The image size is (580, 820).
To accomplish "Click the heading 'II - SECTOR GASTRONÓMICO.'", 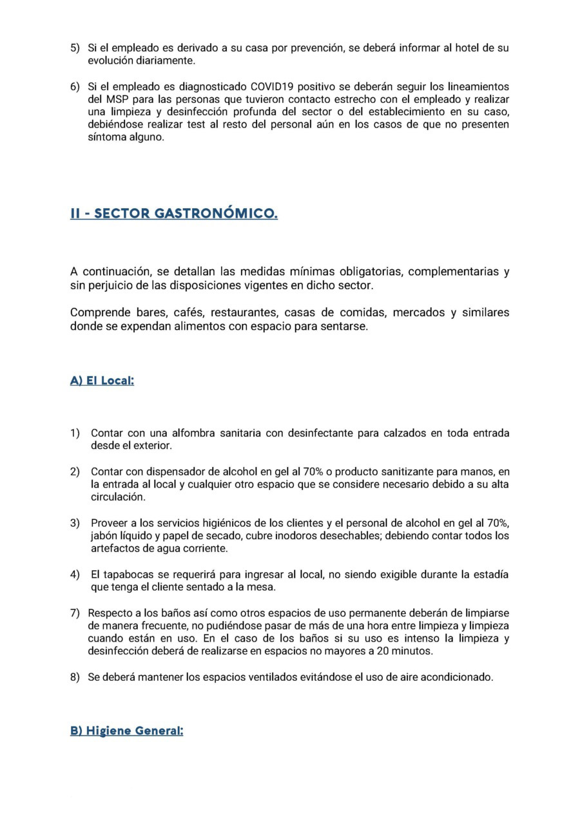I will (x=174, y=213).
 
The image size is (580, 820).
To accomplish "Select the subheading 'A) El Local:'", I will (x=102, y=380).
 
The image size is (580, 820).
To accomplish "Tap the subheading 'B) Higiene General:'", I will (x=127, y=730).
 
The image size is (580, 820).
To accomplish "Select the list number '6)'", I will (x=75, y=86).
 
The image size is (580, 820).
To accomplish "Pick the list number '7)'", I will (x=75, y=613).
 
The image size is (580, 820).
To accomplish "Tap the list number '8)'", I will (x=75, y=677).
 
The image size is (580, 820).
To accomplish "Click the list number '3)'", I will (x=75, y=522).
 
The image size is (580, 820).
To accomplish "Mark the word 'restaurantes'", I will (x=240, y=312).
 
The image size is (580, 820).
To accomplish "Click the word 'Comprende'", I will (x=99, y=312).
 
